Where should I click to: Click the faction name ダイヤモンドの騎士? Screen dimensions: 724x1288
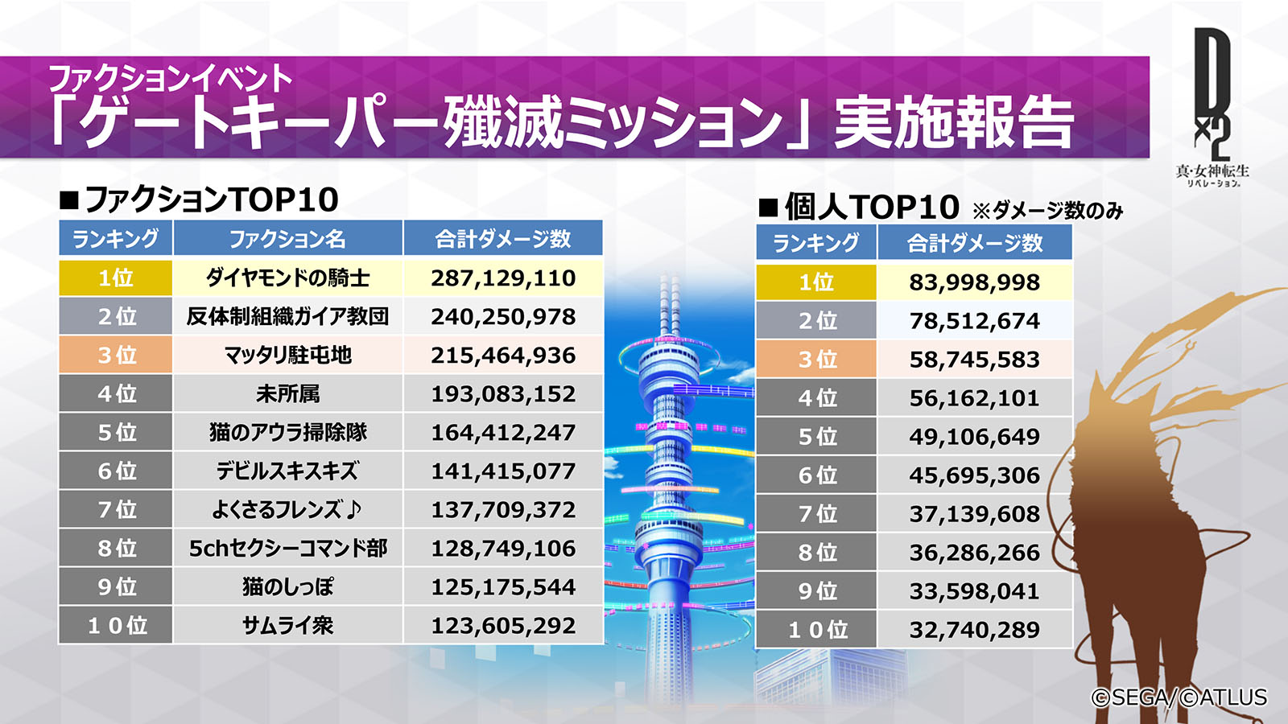pos(287,278)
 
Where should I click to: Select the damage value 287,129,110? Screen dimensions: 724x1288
pos(503,278)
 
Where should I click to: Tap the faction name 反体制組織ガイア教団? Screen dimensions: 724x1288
pos(287,317)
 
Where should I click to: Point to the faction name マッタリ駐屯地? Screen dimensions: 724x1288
pos(287,356)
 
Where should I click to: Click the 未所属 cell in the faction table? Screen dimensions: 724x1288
pos(287,394)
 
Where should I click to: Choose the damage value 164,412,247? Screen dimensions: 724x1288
pos(503,433)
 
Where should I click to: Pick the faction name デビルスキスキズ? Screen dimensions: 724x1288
pos(287,471)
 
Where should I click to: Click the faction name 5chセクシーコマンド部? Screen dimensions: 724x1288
pos(287,549)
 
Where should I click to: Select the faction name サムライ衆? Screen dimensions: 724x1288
pos(287,626)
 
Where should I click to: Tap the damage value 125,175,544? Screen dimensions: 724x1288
pos(503,587)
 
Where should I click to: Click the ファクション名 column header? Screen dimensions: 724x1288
pos(287,239)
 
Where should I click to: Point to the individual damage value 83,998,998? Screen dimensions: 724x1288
pos(974,282)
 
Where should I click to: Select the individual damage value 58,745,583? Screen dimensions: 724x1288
pos(974,360)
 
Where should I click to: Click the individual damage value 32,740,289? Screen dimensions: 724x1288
pos(974,630)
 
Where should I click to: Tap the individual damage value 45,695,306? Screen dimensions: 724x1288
pos(974,475)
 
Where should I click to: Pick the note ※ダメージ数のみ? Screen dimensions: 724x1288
pos(1047,211)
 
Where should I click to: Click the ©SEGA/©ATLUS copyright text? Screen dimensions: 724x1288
pos(1179,697)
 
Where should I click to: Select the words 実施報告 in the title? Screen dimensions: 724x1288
pos(954,122)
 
